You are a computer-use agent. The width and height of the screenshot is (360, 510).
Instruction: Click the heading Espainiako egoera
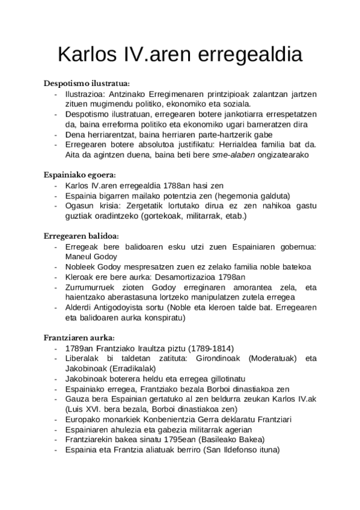[x=79, y=175]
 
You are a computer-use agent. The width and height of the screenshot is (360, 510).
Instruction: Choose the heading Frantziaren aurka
[x=79, y=337]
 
